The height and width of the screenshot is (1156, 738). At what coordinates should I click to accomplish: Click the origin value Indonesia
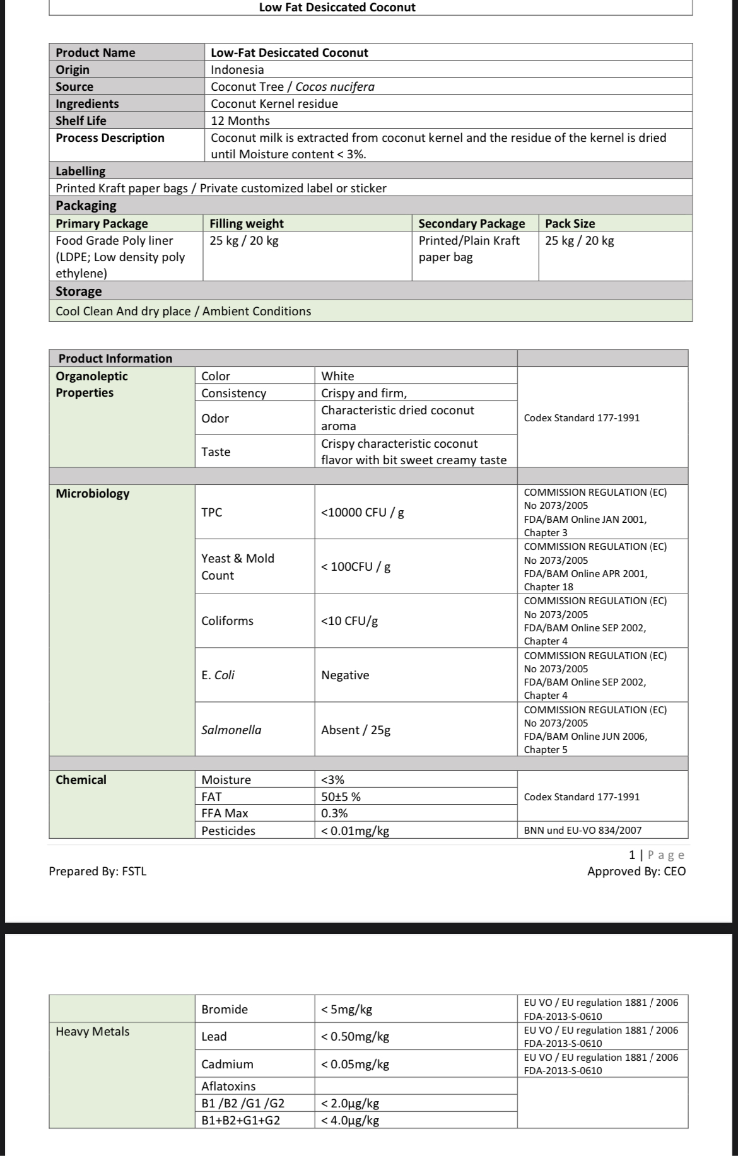pos(237,69)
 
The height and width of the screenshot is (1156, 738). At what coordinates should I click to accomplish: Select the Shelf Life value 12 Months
pos(240,120)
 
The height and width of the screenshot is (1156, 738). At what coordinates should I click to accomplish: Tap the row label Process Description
pos(110,137)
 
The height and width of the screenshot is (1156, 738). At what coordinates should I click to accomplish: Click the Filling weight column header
pos(247,223)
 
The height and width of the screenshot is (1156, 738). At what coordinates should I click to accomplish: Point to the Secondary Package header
pos(471,223)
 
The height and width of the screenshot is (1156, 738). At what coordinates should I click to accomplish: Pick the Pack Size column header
pos(570,223)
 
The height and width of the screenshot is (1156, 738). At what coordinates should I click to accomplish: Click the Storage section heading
pos(79,291)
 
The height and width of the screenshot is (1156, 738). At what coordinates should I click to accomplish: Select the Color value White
pos(337,376)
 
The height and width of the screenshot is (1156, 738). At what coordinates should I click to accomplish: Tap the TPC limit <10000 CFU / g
pos(363,512)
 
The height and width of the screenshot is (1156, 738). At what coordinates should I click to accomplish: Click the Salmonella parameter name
pos(231,730)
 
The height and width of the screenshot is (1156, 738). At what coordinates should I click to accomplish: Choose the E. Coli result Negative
pos(345,675)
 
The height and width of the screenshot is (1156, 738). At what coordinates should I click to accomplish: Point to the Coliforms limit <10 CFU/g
pos(349,621)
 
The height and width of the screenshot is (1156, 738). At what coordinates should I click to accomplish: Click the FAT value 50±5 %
pos(341,797)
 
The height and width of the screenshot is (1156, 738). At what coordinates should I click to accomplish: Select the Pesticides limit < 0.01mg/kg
pos(355,831)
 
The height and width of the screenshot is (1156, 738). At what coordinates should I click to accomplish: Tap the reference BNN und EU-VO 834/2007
pos(583,831)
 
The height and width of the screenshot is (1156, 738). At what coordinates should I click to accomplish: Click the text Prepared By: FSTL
pos(98,871)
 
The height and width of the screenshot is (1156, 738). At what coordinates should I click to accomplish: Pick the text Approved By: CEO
pos(636,871)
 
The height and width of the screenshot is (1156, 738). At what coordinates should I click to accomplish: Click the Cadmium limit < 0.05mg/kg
pos(355,1064)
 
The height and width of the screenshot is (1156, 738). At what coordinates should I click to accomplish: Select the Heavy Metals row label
pos(93,1031)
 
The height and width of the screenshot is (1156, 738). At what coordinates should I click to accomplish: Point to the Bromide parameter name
pos(225,1009)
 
